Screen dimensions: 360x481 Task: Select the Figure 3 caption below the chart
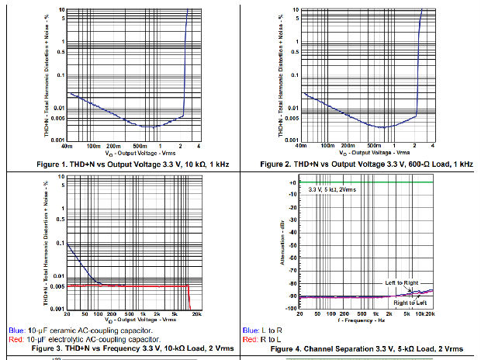click(x=119, y=349)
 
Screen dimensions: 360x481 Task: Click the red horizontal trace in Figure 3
click(x=124, y=286)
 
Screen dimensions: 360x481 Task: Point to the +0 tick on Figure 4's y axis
click(x=292, y=182)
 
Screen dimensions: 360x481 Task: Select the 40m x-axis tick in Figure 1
click(x=67, y=146)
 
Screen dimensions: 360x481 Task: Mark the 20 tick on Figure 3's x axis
click(x=68, y=315)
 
